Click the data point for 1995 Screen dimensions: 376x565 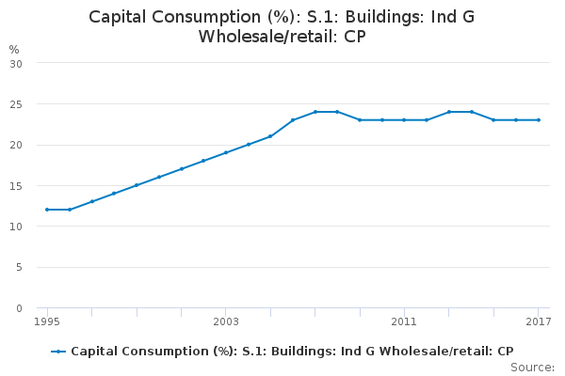point(47,210)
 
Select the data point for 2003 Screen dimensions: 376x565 point(226,152)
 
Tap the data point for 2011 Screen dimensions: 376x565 point(404,119)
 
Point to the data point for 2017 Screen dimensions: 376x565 point(539,119)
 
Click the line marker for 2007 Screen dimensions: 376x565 point(315,112)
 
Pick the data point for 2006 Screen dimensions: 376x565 point(293,119)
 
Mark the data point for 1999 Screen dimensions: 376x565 point(137,185)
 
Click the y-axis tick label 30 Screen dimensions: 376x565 point(16,63)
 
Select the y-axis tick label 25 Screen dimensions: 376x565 point(16,104)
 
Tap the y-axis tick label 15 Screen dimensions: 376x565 point(16,186)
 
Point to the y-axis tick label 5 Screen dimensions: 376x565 point(19,268)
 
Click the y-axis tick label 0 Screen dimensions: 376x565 point(19,308)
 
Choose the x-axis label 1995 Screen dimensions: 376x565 point(47,322)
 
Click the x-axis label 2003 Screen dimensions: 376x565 point(226,322)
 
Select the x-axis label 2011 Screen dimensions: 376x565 point(404,322)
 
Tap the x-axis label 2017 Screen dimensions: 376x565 point(539,322)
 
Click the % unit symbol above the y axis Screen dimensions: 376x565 point(13,49)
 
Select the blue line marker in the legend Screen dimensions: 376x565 point(58,352)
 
